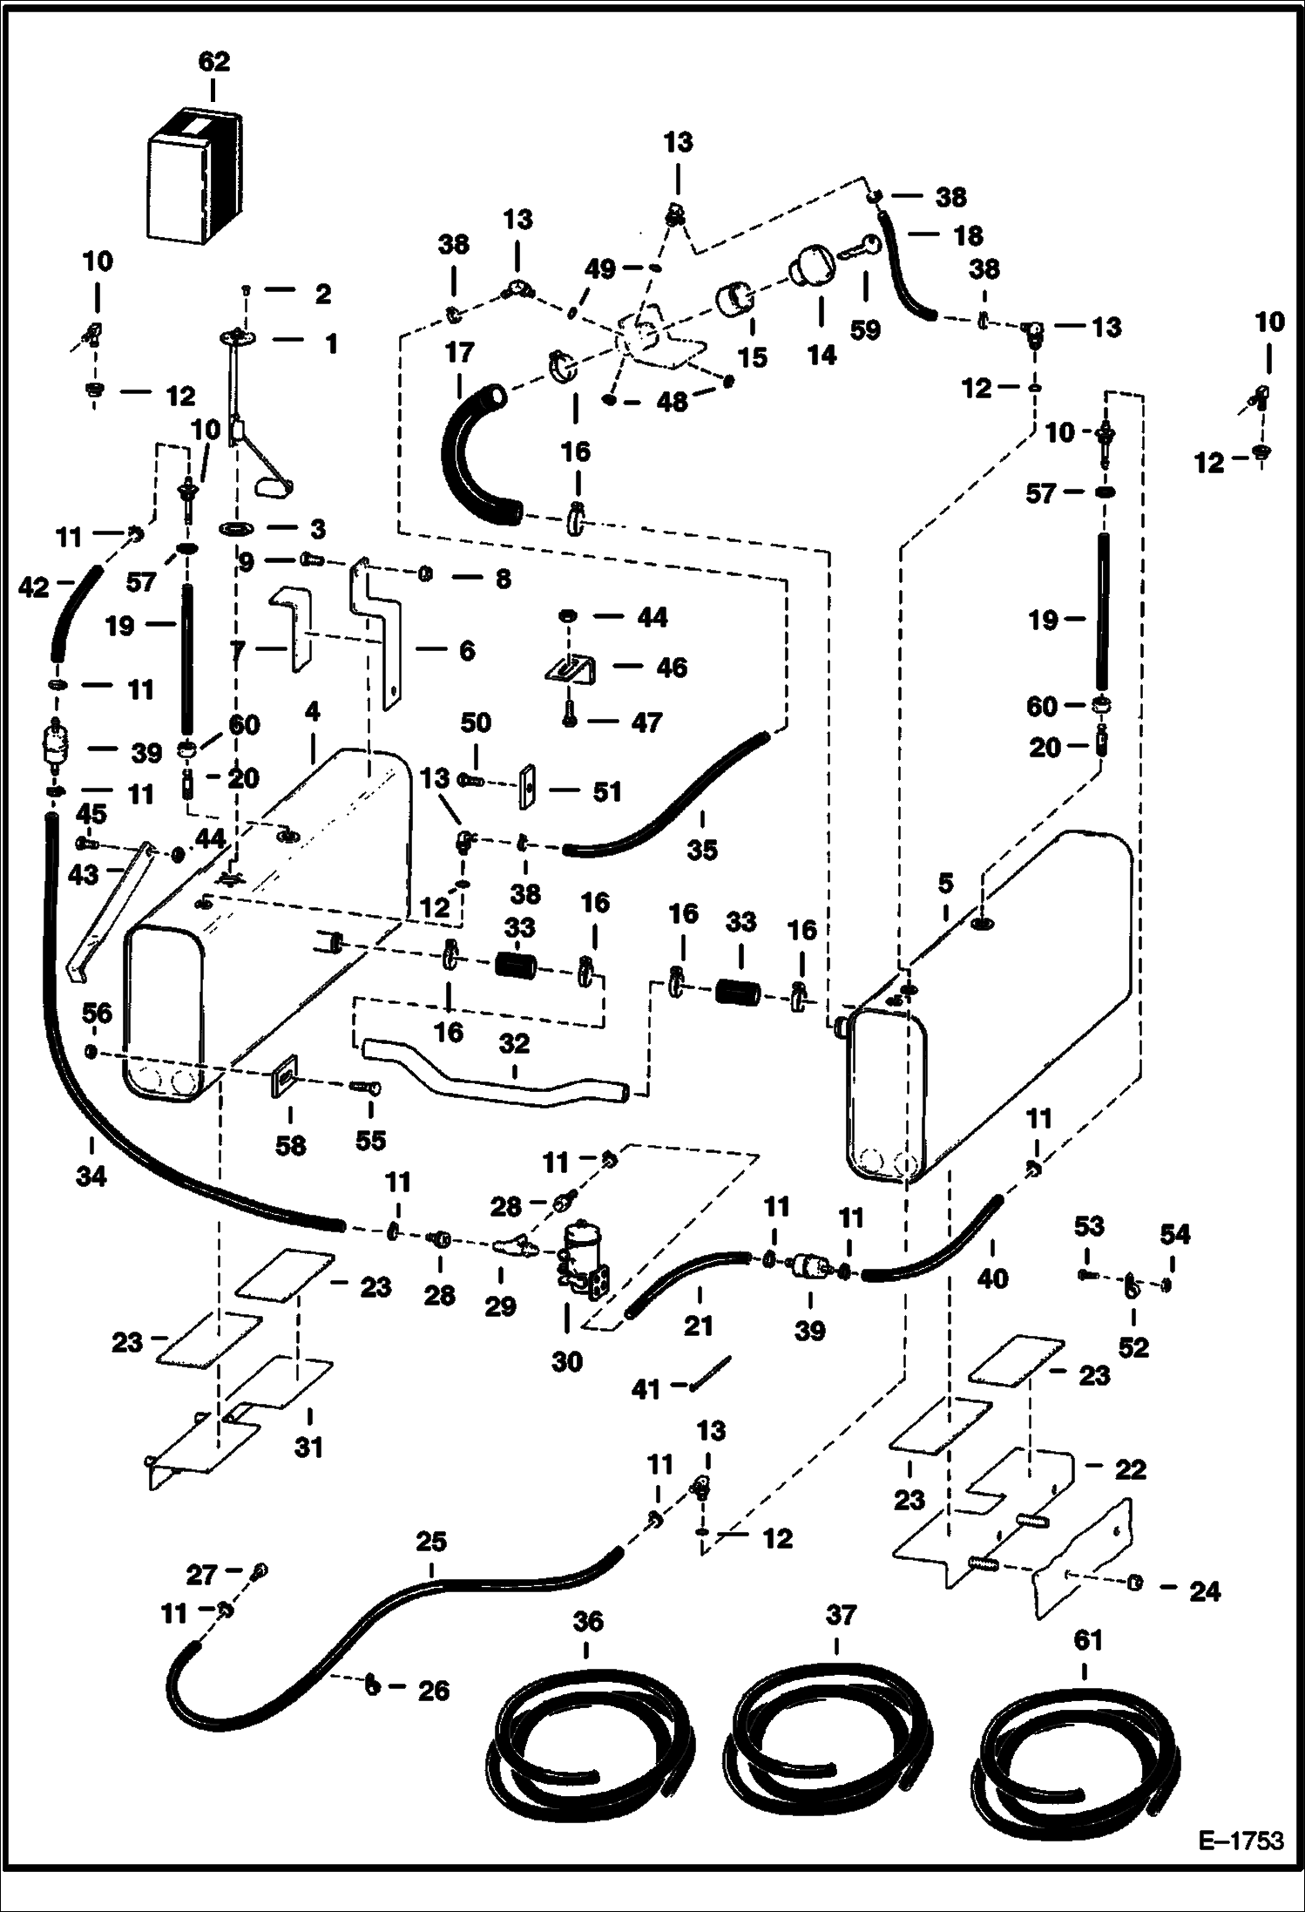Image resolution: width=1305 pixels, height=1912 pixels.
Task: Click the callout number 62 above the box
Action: (x=213, y=62)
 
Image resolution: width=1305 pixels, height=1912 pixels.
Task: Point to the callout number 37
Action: (x=841, y=1615)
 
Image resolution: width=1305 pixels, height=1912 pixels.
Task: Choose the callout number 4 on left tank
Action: (x=312, y=711)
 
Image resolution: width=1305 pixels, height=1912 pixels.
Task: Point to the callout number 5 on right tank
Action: (x=945, y=884)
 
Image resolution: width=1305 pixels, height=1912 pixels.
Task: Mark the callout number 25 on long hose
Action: (x=430, y=1541)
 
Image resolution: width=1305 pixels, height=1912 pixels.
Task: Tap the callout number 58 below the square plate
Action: (x=290, y=1144)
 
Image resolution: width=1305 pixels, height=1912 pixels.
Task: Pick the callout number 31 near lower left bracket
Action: (x=308, y=1447)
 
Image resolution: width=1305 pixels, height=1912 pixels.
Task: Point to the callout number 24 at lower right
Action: (x=1205, y=1591)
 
